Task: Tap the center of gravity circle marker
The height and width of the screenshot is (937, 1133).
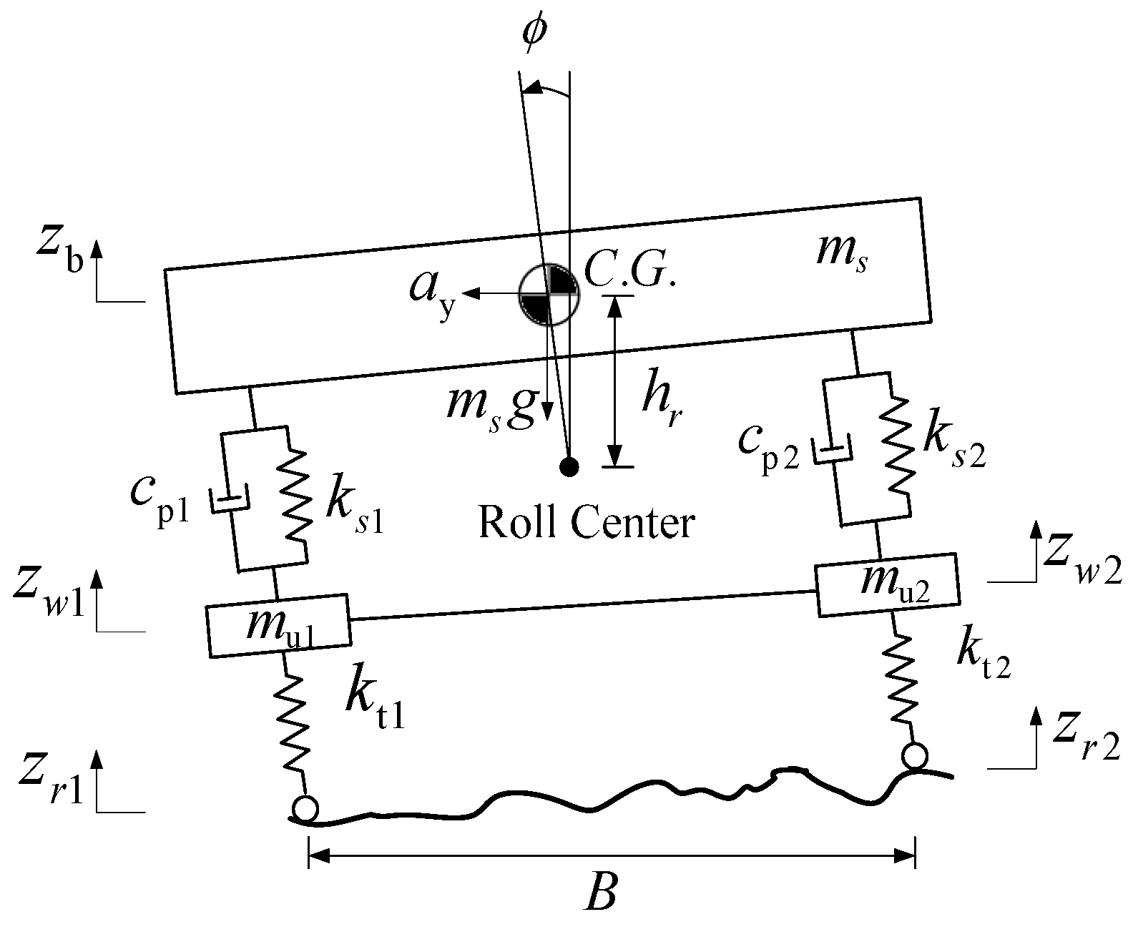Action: click(548, 294)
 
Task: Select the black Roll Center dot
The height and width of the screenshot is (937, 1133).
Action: click(569, 467)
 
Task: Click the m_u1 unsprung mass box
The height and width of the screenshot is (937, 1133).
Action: click(278, 625)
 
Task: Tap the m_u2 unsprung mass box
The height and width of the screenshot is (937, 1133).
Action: click(887, 584)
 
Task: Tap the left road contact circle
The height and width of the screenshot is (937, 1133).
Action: click(305, 809)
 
